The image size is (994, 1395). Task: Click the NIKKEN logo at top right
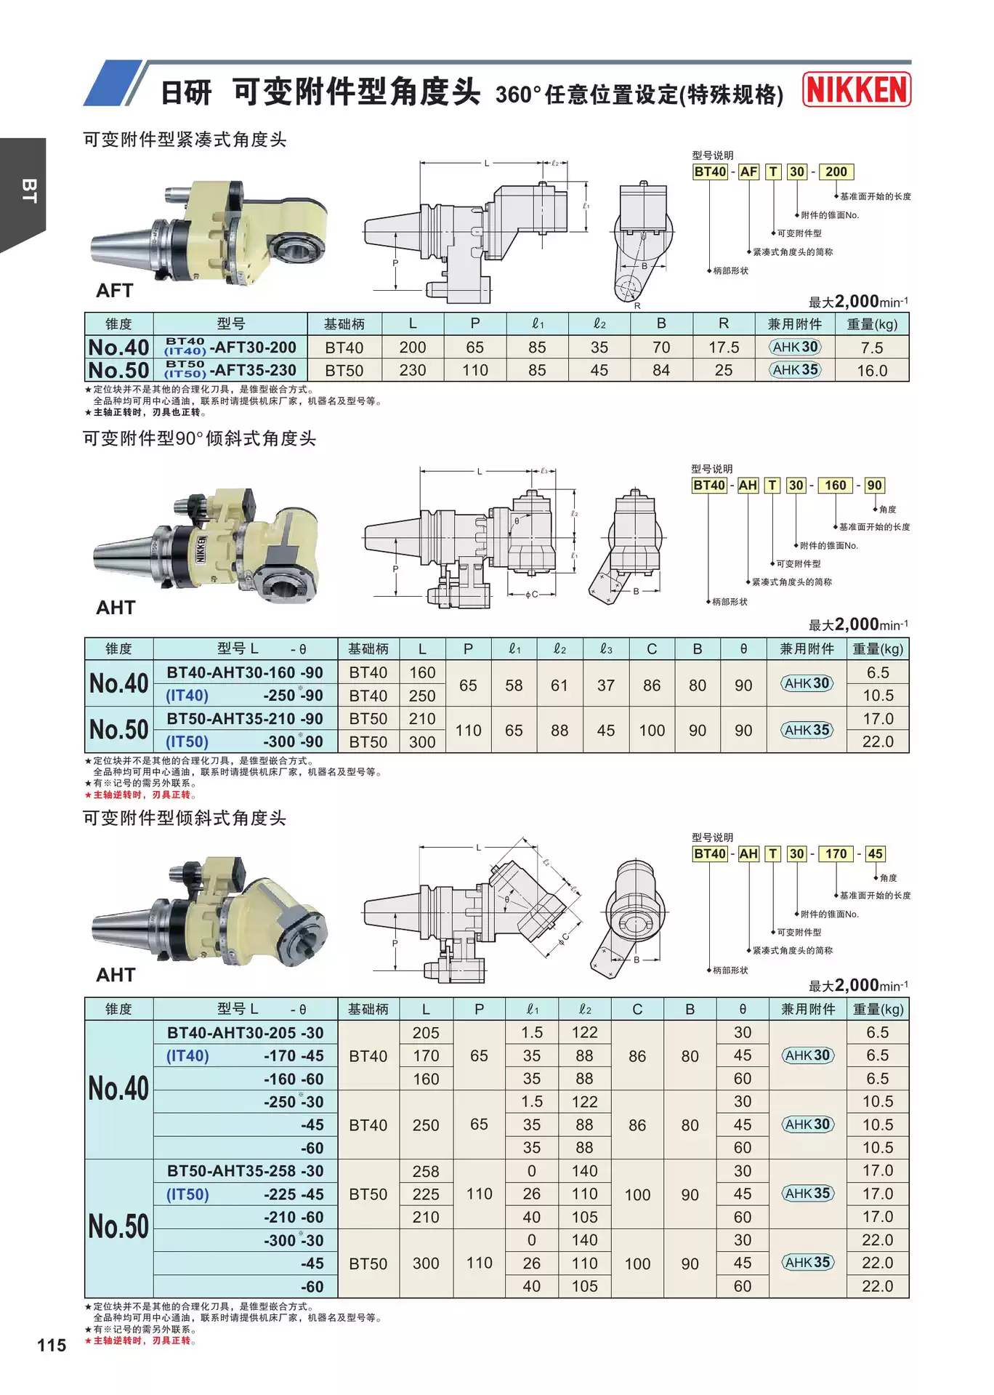(x=857, y=90)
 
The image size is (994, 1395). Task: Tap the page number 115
(x=52, y=1345)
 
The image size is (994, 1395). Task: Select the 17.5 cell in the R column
(x=724, y=347)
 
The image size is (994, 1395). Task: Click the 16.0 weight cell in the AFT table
(x=872, y=371)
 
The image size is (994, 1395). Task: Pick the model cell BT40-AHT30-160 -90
(x=245, y=672)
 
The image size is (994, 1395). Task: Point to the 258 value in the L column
(x=426, y=1171)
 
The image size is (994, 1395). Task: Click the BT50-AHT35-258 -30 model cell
(x=245, y=1171)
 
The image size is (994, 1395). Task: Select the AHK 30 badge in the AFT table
(x=796, y=347)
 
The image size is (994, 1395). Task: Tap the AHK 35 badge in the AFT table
(x=796, y=370)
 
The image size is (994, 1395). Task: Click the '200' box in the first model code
(x=836, y=172)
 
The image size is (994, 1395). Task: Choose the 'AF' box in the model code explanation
(x=748, y=172)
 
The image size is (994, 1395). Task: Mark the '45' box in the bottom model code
(x=875, y=854)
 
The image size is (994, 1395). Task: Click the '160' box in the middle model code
(x=835, y=486)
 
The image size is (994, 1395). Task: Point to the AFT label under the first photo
(x=115, y=291)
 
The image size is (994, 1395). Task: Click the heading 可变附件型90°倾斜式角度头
(x=199, y=438)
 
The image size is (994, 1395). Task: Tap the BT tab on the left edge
(x=28, y=190)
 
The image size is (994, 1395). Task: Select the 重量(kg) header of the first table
(x=872, y=324)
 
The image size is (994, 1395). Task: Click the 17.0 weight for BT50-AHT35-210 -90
(x=878, y=719)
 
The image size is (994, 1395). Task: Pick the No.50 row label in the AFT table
(x=118, y=370)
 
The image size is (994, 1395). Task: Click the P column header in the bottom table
(x=479, y=1009)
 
